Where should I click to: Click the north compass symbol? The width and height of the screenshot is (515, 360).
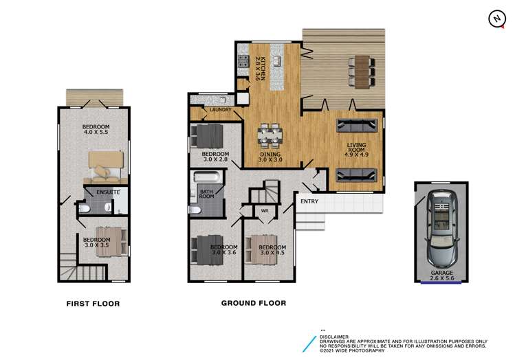click(x=496, y=19)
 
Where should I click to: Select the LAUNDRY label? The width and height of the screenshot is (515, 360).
click(x=211, y=110)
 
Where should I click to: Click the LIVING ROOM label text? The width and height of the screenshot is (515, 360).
click(x=356, y=149)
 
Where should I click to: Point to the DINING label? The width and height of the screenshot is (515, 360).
click(x=270, y=157)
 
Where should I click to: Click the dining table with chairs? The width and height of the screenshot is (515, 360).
click(x=270, y=135)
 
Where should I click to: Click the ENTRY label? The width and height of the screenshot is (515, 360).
click(x=309, y=201)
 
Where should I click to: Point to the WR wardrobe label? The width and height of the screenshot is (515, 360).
click(x=264, y=212)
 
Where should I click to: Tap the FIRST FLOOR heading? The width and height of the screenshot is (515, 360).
click(x=93, y=304)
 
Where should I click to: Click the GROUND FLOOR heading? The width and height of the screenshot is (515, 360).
click(x=253, y=303)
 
